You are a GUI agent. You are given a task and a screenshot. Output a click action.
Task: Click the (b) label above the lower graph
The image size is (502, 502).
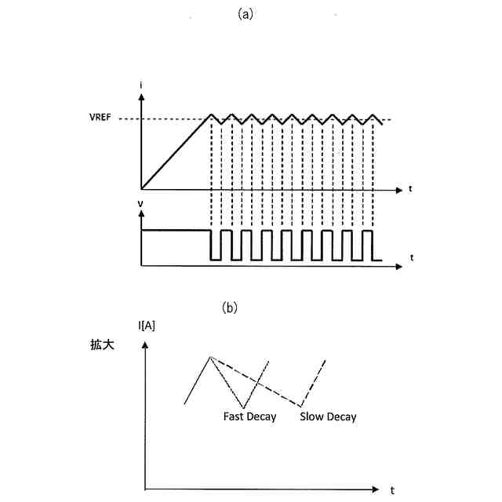pyautogui.click(x=229, y=308)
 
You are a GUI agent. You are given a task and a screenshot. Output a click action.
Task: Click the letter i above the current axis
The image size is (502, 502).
pyautogui.click(x=140, y=84)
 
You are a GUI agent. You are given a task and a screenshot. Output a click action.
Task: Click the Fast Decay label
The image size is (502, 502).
pyautogui.click(x=249, y=417)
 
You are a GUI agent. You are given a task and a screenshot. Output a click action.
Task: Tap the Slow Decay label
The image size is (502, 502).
pyautogui.click(x=328, y=417)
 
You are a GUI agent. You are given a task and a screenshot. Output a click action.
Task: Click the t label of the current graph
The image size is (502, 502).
pyautogui.click(x=411, y=189)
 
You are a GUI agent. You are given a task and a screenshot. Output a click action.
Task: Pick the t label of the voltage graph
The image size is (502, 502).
pyautogui.click(x=411, y=256)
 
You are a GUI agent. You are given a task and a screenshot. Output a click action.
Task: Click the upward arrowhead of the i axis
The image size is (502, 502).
pyautogui.click(x=141, y=97)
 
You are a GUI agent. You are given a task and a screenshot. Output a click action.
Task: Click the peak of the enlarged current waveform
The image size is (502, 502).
pyautogui.click(x=209, y=357)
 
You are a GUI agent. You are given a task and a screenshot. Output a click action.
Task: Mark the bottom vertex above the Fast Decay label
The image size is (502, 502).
pyautogui.click(x=246, y=406)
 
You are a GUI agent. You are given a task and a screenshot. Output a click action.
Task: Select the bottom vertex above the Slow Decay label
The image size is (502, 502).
pyautogui.click(x=301, y=406)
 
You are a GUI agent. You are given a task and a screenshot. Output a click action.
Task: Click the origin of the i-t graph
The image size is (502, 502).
pyautogui.click(x=141, y=189)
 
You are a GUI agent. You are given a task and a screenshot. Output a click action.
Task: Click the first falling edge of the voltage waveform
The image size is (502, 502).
pyautogui.click(x=211, y=245)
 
